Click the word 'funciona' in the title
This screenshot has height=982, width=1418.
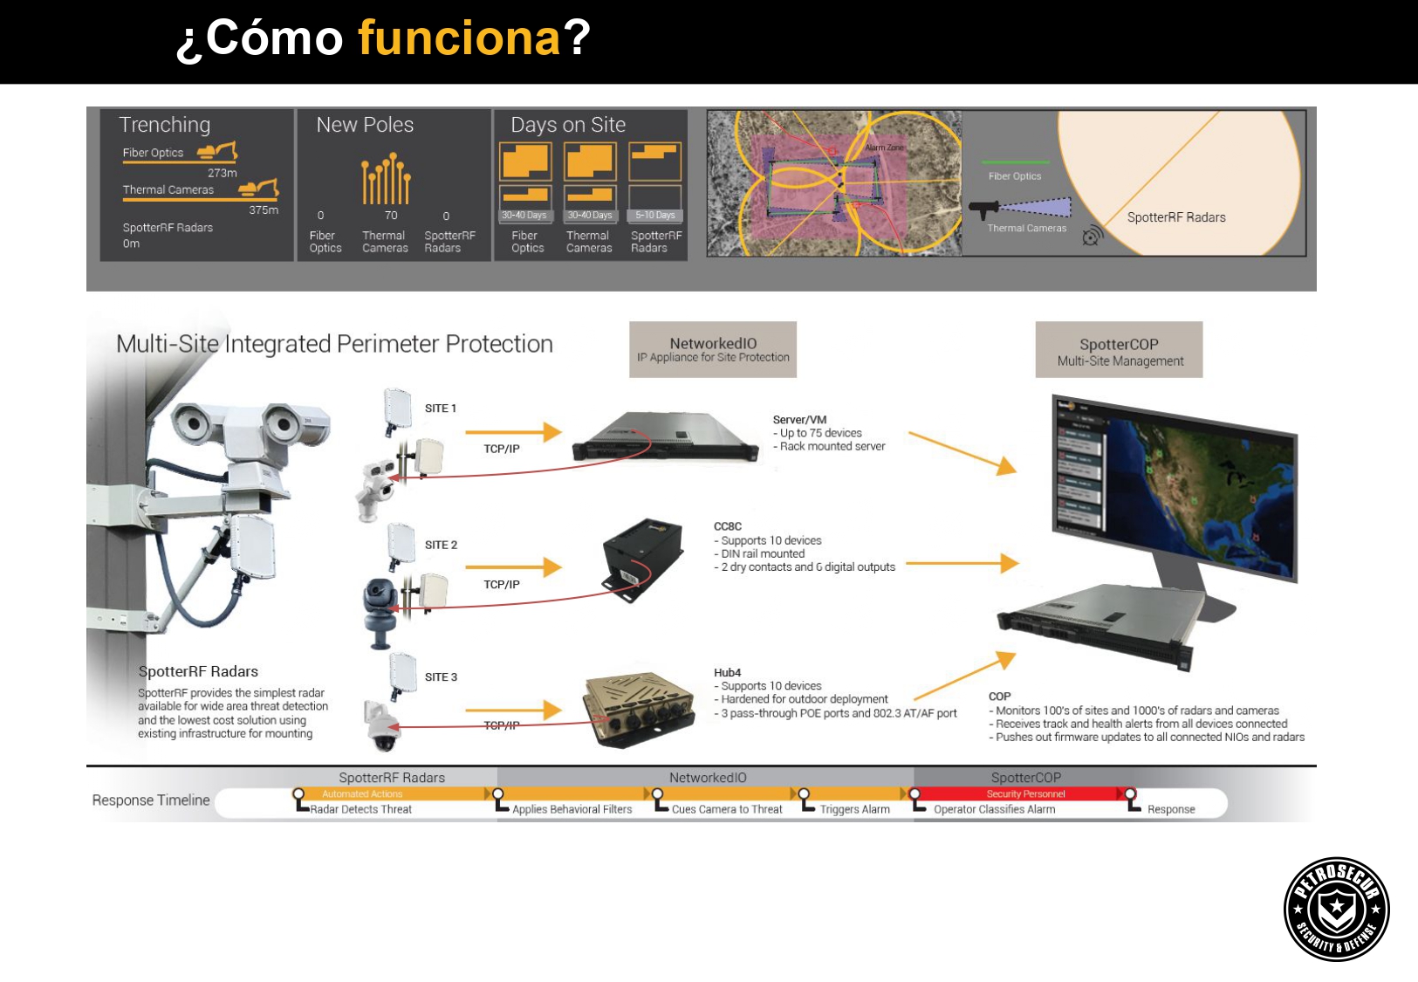click(x=459, y=38)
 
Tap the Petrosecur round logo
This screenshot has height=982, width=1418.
click(x=1336, y=909)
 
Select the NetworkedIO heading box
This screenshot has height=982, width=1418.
click(x=713, y=349)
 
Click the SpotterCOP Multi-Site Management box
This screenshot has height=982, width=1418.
click(x=1119, y=350)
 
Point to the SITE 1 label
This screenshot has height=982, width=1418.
click(x=441, y=409)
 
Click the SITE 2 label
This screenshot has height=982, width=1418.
click(x=441, y=545)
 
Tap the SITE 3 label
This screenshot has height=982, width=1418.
click(x=441, y=677)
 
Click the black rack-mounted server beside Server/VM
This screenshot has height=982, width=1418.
click(x=665, y=436)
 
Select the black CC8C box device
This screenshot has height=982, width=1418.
click(x=642, y=559)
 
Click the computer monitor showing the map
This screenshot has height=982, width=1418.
click(x=1175, y=484)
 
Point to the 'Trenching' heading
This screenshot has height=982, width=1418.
click(x=165, y=125)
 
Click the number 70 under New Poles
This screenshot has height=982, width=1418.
click(x=391, y=216)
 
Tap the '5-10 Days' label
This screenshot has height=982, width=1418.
click(x=654, y=216)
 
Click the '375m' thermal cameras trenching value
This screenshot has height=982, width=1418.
click(x=264, y=210)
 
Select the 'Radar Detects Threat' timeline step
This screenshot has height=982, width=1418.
click(x=361, y=810)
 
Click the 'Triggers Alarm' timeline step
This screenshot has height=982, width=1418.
click(x=854, y=810)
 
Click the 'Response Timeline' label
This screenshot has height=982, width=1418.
click(x=151, y=800)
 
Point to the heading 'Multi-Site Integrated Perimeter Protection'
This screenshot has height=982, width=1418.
click(x=334, y=344)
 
